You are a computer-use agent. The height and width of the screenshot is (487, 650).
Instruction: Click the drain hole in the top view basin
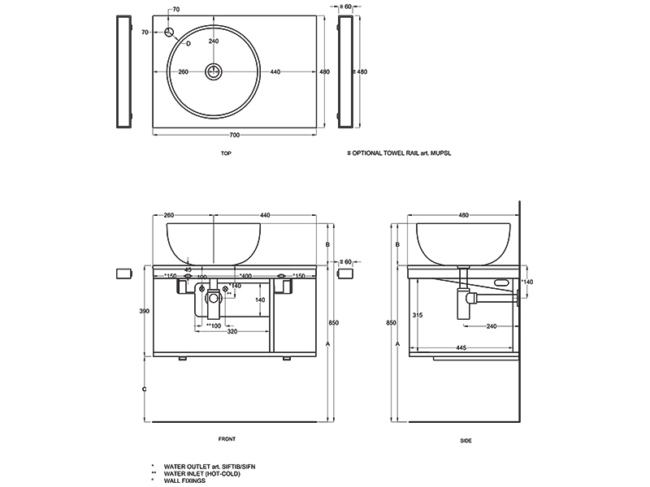pyautogui.click(x=214, y=72)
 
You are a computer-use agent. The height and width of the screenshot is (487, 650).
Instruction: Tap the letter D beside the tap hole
pyautogui.click(x=188, y=41)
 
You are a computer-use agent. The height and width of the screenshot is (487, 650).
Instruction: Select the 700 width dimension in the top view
pyautogui.click(x=235, y=133)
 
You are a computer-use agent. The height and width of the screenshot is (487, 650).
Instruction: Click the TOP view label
pyautogui.click(x=227, y=153)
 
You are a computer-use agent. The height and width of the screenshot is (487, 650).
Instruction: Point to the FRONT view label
pyautogui.click(x=227, y=439)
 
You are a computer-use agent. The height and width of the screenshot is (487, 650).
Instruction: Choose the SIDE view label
pyautogui.click(x=466, y=440)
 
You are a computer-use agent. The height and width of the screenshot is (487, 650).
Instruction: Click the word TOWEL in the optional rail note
pyautogui.click(x=399, y=153)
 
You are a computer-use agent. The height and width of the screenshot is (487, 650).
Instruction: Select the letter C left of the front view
pyautogui.click(x=143, y=390)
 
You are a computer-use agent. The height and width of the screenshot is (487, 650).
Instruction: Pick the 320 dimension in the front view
pyautogui.click(x=232, y=331)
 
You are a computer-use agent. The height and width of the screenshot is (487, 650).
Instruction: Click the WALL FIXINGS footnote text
pyautogui.click(x=183, y=481)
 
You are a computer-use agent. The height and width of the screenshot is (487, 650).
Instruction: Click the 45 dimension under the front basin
pyautogui.click(x=188, y=269)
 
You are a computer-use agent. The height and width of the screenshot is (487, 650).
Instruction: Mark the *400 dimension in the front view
pyautogui.click(x=245, y=276)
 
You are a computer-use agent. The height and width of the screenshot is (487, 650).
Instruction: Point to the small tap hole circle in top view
pyautogui.click(x=170, y=32)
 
